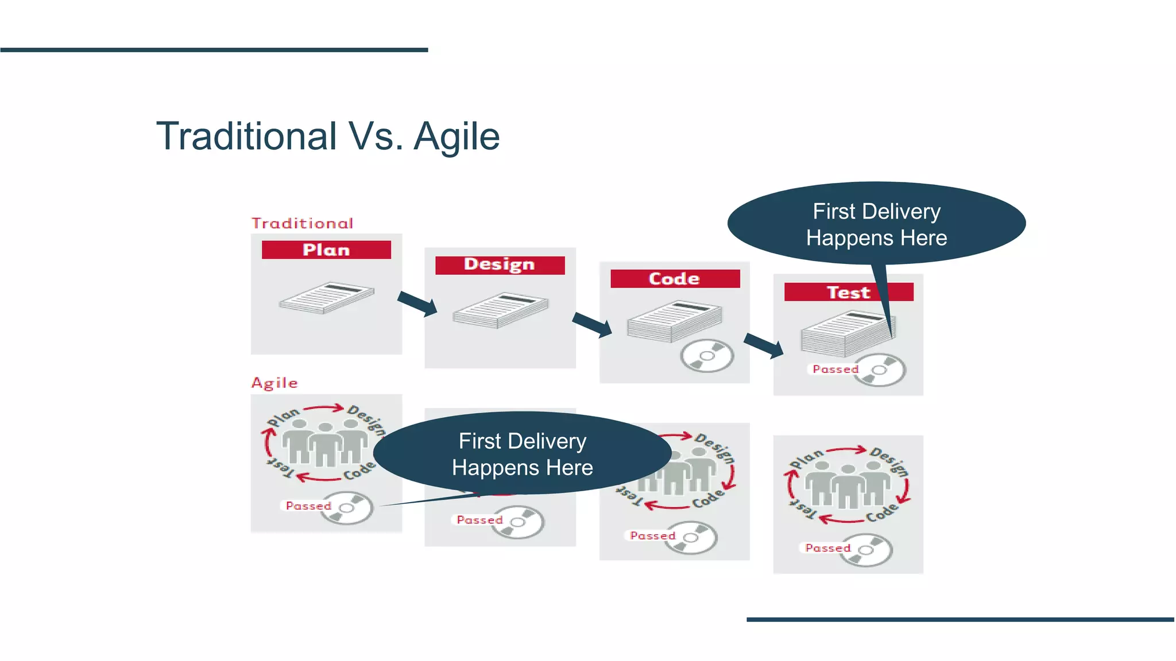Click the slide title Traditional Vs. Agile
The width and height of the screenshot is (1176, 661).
click(x=328, y=137)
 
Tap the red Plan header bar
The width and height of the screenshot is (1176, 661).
click(x=326, y=250)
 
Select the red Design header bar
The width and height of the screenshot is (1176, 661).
click(x=500, y=265)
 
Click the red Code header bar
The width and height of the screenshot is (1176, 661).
click(x=675, y=279)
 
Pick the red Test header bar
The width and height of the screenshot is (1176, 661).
click(x=848, y=292)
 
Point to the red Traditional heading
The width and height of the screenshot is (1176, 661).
click(x=303, y=223)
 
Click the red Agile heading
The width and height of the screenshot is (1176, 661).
click(x=275, y=383)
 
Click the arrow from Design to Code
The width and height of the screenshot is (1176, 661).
click(x=592, y=325)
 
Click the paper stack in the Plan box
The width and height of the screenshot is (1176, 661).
click(x=326, y=297)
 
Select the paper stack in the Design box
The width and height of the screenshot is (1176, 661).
click(x=500, y=310)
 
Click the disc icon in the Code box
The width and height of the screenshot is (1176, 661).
click(x=707, y=356)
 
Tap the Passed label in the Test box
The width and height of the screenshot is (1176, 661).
click(x=835, y=369)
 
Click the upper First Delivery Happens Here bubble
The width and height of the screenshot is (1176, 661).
click(x=876, y=224)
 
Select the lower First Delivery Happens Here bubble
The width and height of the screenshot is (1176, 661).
click(x=522, y=454)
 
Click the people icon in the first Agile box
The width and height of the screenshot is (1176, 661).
click(x=325, y=442)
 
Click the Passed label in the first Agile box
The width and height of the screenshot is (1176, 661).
click(x=309, y=506)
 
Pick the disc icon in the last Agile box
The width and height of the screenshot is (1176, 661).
click(x=866, y=550)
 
